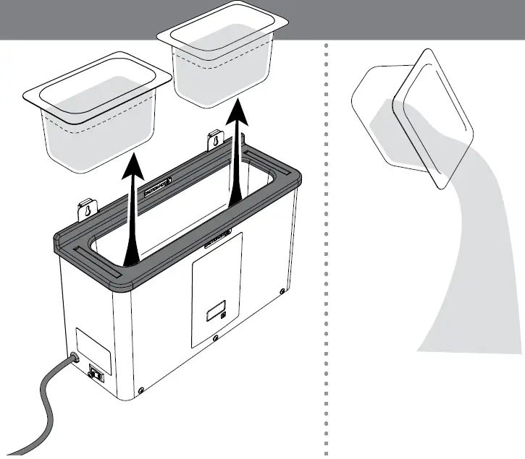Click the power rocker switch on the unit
point(95,374)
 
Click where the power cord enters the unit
point(73,359)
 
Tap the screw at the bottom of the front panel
point(215,338)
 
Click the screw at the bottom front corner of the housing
point(141,390)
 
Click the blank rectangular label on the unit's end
point(93,346)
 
